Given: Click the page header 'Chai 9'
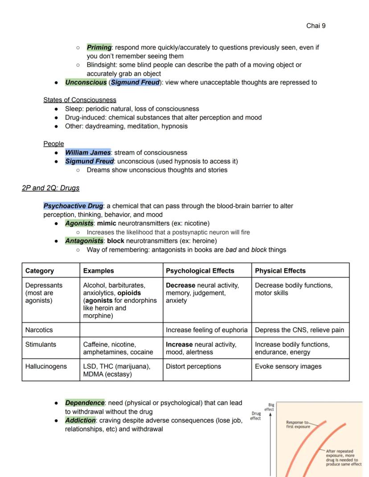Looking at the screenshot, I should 316,26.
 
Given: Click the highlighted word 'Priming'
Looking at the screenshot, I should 99,47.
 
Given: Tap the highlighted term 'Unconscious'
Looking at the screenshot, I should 86,82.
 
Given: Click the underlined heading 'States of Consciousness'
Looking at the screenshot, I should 80,100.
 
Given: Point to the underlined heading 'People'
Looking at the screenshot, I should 53,143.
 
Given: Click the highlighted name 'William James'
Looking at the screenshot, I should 88,152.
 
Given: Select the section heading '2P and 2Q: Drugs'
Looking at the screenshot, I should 50,188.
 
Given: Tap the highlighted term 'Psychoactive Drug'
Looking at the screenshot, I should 74,206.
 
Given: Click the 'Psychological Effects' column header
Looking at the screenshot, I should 200,271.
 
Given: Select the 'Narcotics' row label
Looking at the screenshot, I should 39,330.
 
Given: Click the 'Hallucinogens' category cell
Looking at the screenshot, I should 46,367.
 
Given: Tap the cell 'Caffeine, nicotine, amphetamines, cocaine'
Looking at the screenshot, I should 118,348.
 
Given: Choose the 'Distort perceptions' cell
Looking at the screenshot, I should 193,367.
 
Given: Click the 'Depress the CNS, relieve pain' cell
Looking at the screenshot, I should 299,330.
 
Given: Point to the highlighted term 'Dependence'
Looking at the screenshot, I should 85,403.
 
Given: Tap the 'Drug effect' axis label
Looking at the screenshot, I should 255,416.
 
